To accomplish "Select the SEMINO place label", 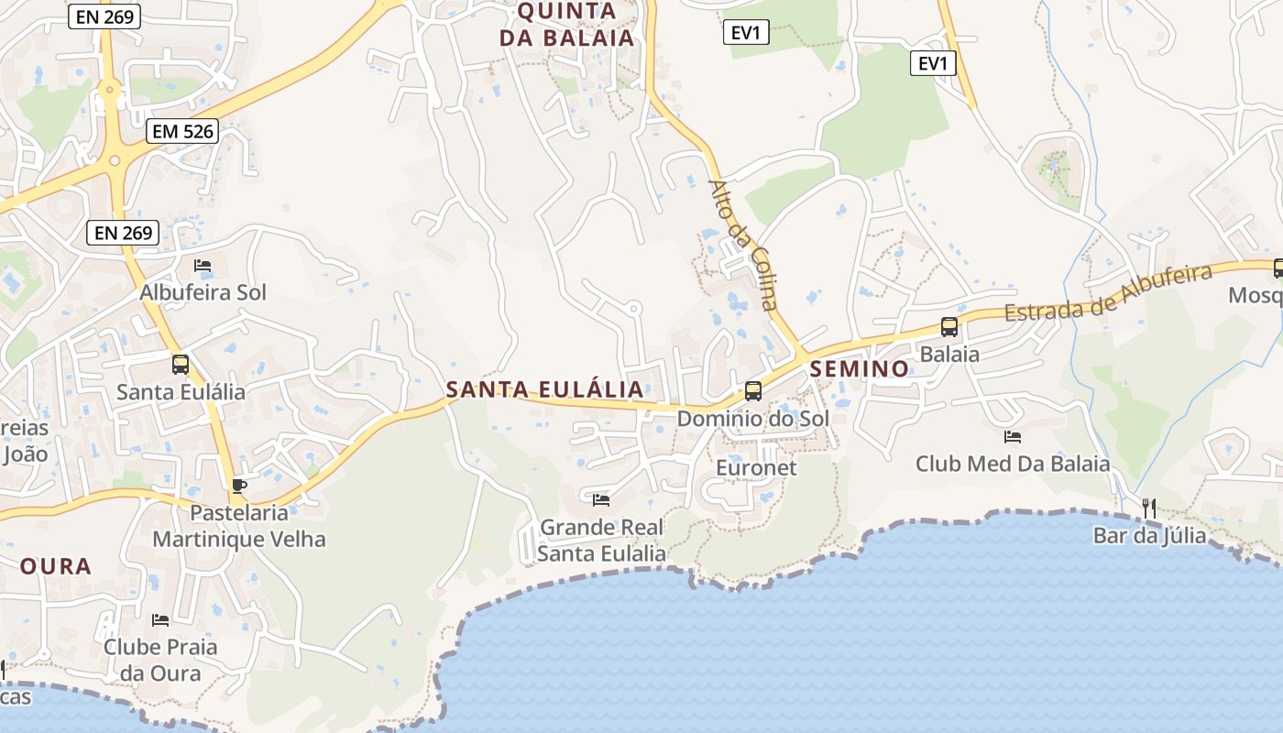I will tap(860, 368).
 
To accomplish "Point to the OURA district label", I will tap(56, 565).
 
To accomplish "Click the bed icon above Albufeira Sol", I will tap(203, 266).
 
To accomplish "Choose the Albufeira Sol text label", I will tap(203, 292).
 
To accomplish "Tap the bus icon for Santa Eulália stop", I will tap(181, 365).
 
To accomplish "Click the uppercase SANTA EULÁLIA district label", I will tap(544, 389).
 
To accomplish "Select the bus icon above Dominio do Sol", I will tap(753, 391).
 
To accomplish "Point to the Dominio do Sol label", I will tap(752, 419).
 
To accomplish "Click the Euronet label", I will tap(756, 467).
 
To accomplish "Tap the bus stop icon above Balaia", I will tap(949, 327).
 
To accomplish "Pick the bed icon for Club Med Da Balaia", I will tap(1013, 437).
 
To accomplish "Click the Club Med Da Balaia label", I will tap(1013, 465).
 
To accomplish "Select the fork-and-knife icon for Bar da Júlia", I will tap(1149, 508).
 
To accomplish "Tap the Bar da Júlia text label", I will tap(1149, 535).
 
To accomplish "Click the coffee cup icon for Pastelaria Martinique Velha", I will tap(238, 486).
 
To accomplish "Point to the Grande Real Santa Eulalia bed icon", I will tap(601, 500).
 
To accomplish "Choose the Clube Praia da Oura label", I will tap(160, 660).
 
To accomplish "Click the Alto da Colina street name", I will tap(742, 245).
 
